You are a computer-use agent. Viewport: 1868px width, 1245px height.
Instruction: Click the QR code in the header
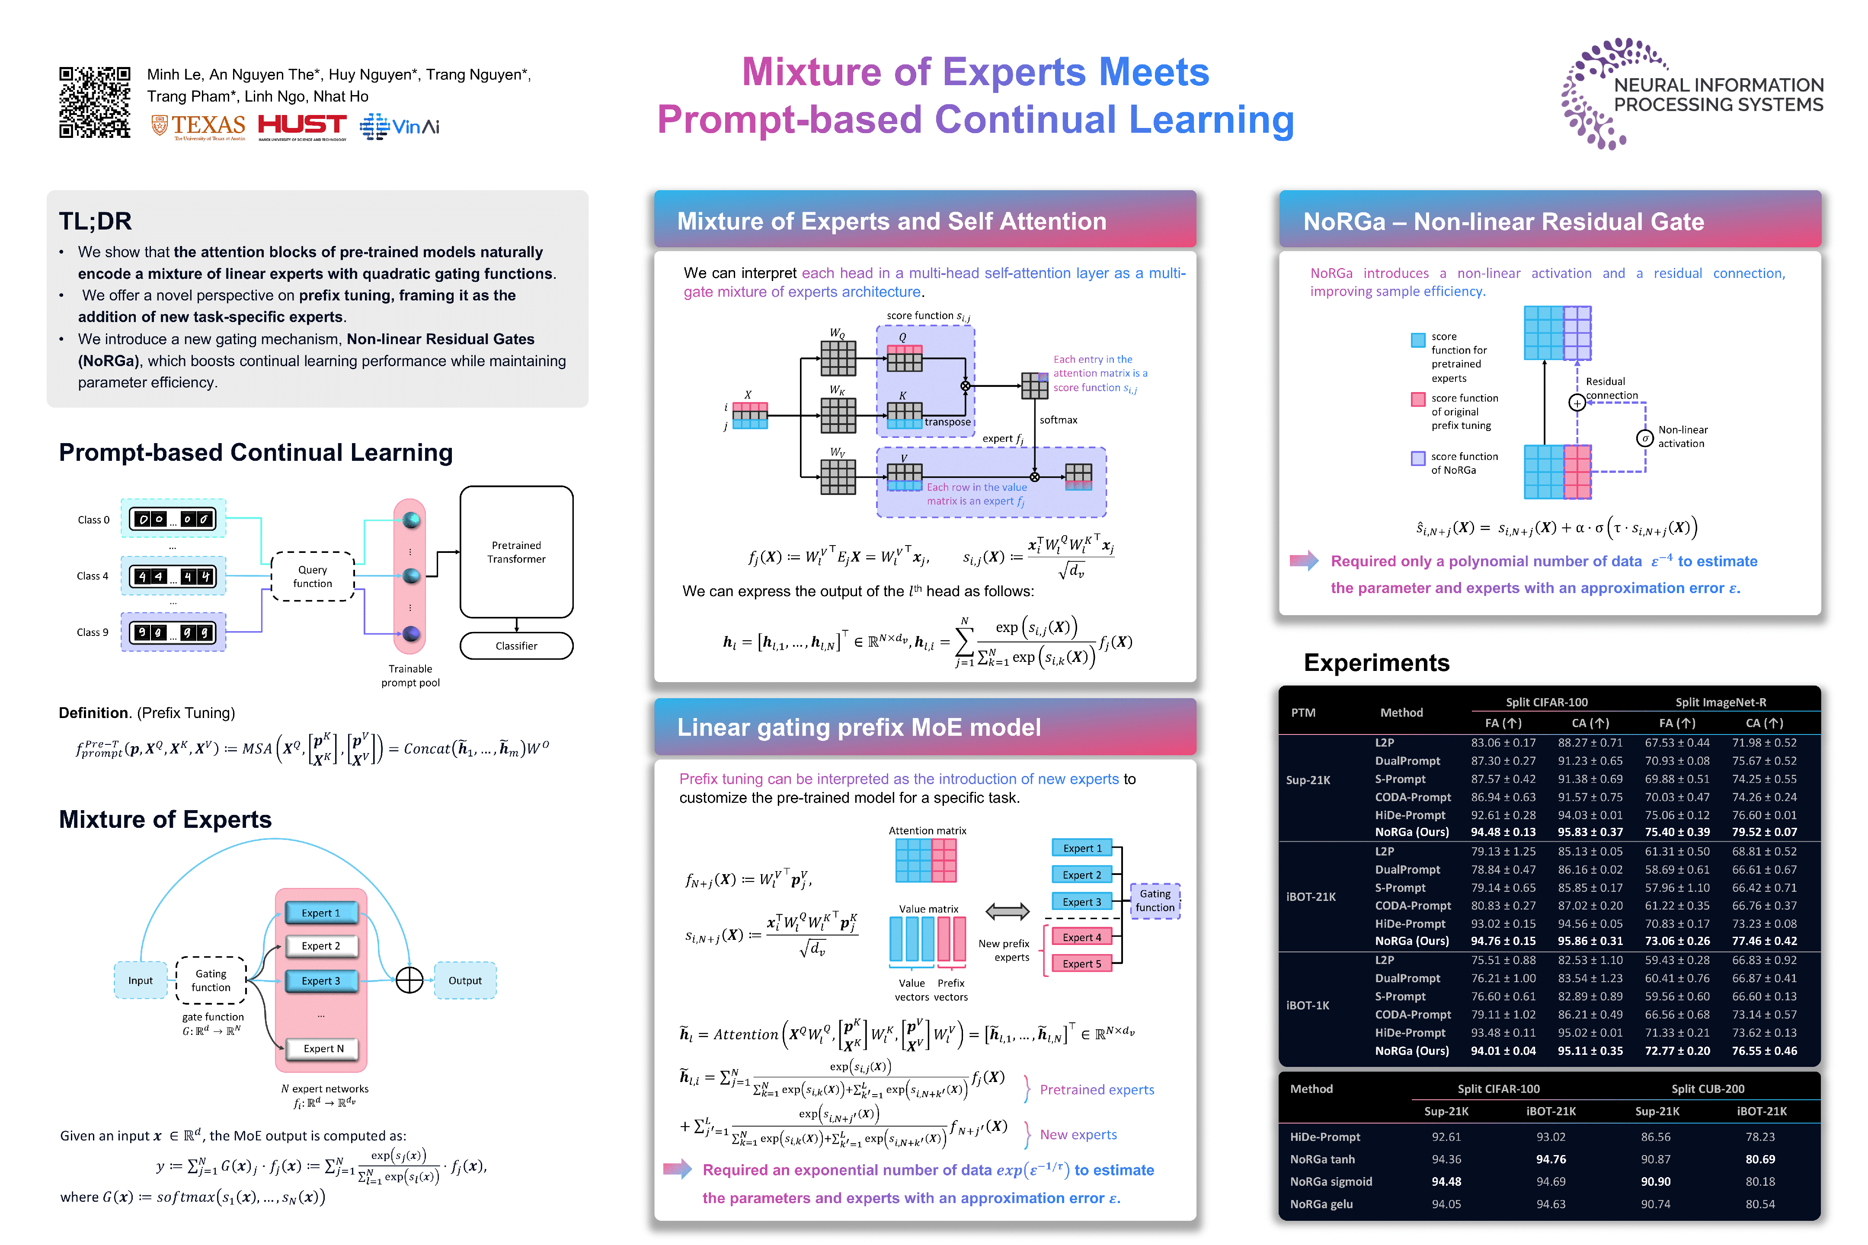(95, 102)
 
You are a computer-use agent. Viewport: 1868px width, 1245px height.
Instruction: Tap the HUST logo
(302, 125)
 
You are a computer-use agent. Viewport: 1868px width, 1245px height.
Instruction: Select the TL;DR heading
(95, 221)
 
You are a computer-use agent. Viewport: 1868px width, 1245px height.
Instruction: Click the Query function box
(313, 576)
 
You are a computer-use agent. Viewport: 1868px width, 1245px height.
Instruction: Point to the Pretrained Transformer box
(516, 552)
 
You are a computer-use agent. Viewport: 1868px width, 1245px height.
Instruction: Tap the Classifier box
(516, 645)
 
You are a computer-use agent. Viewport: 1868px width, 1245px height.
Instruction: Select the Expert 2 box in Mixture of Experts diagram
(321, 946)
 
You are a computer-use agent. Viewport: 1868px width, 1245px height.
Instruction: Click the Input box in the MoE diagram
(141, 980)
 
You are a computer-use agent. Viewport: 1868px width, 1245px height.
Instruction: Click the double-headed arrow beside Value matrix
(1007, 912)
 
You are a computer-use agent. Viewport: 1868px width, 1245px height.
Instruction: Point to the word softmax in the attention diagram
(1058, 420)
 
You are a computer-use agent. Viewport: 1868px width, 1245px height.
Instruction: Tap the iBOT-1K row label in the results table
(1307, 1005)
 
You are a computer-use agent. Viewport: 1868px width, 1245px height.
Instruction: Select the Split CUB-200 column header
(1708, 1089)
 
